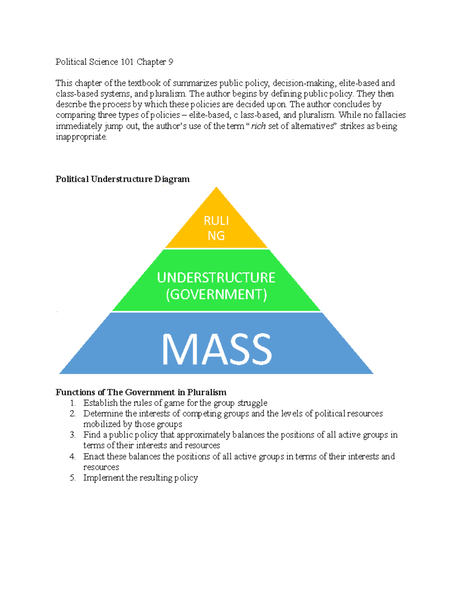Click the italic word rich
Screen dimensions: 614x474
(258, 126)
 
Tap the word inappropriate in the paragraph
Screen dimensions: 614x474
(81, 137)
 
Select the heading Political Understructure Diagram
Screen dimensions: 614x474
(122, 179)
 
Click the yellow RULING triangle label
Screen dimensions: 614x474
(216, 228)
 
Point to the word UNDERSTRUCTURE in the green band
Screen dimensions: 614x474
(216, 278)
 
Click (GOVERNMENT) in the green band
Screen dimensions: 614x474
(216, 295)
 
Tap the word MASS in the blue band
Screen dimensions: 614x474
(217, 349)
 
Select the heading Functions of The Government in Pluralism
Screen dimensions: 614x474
(141, 392)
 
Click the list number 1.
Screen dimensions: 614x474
(72, 403)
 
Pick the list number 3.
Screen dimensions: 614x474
(72, 435)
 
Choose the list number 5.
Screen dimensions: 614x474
(72, 478)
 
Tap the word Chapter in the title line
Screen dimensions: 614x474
(151, 62)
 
